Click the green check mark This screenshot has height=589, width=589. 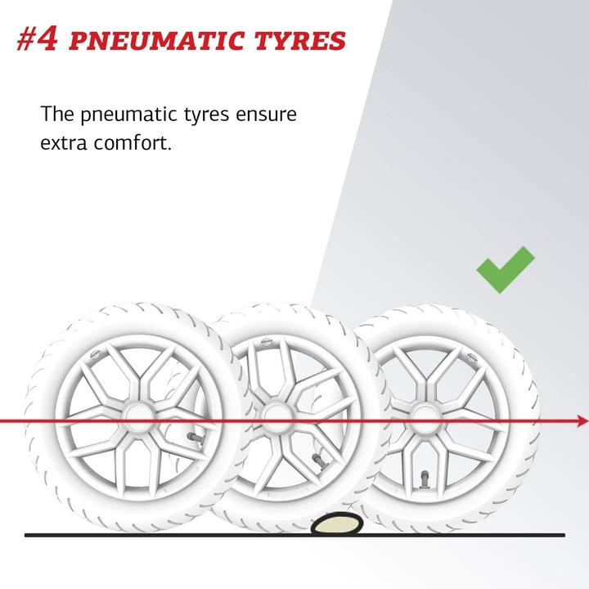[506, 270]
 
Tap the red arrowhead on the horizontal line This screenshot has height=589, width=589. [582, 421]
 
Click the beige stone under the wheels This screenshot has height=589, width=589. [337, 524]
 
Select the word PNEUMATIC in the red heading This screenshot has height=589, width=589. [157, 41]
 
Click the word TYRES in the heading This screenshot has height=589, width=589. [300, 41]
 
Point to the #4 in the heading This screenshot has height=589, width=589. [37, 40]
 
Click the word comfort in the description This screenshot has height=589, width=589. [133, 142]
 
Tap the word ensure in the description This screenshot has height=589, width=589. [266, 115]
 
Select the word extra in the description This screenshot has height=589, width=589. [64, 143]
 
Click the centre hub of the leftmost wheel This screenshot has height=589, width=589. [138, 418]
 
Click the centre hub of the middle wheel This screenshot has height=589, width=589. [277, 416]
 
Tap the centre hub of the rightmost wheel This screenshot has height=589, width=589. [425, 418]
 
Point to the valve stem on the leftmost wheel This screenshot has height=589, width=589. [196, 438]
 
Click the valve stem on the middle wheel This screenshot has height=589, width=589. [320, 461]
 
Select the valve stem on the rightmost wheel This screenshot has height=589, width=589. [425, 479]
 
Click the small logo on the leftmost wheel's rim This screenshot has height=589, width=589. [95, 354]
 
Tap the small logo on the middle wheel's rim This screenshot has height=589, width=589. [267, 342]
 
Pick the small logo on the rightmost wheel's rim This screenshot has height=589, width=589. [472, 357]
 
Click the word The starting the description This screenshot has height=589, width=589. [57, 114]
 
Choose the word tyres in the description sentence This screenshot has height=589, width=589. [206, 115]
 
